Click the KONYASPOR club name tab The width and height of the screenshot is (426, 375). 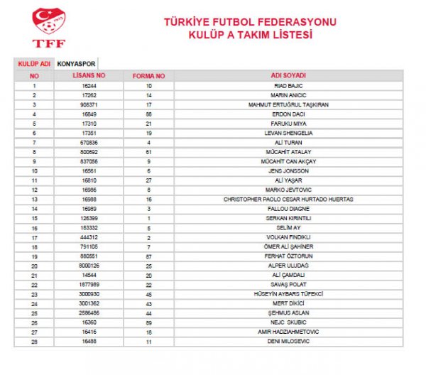point(77,63)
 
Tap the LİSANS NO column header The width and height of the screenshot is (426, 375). point(90,75)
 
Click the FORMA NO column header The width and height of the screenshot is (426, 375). point(148,75)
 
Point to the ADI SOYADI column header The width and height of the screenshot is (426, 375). point(288,75)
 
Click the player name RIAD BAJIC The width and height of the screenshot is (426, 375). point(288,85)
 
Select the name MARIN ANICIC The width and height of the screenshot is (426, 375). point(288,94)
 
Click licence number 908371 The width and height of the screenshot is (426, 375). point(89,104)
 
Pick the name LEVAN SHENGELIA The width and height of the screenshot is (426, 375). point(288,133)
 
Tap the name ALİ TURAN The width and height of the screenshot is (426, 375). point(288,142)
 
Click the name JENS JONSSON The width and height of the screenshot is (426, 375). point(288,170)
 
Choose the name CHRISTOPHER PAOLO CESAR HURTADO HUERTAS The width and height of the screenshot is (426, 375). point(288,199)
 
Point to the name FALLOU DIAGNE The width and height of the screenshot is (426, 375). point(288,209)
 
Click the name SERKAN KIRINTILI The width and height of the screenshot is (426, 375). point(288,218)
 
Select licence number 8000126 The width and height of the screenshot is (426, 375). point(89,266)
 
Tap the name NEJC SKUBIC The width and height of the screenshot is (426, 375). point(288,322)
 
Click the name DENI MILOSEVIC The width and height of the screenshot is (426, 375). point(288,342)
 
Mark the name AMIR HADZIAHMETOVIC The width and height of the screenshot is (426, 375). point(288,332)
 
